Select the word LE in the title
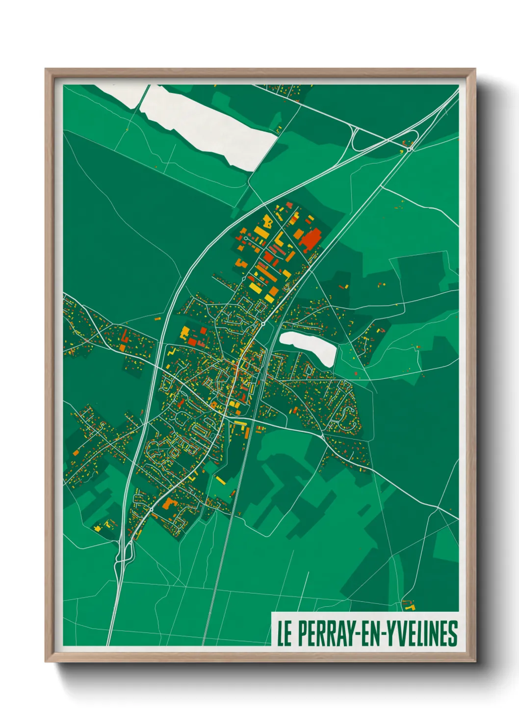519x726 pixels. [x=284, y=634]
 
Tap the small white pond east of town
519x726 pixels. [x=308, y=345]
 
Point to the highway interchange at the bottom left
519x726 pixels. [x=123, y=552]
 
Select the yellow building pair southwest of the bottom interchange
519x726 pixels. [x=98, y=528]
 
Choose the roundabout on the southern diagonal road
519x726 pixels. [x=152, y=510]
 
